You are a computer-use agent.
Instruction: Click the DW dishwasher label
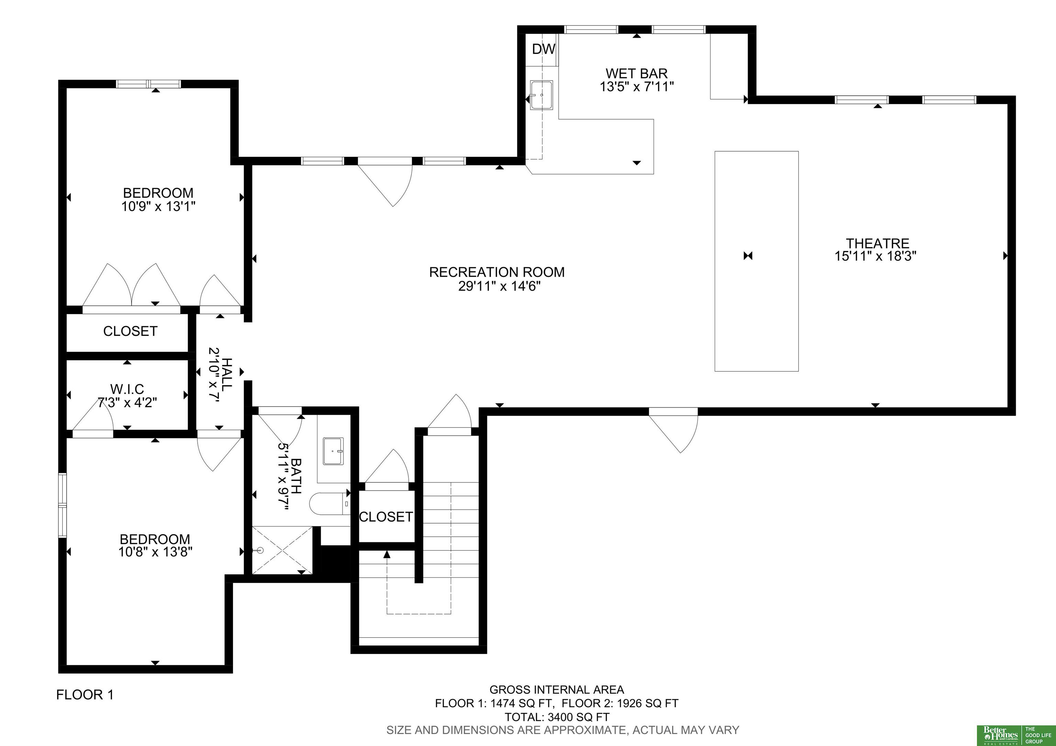pos(543,49)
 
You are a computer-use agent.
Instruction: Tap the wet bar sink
pos(541,95)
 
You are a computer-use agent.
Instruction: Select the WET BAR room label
pos(637,73)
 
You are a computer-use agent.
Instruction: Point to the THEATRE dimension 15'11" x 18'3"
pos(876,256)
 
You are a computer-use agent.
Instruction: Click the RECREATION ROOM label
pos(497,272)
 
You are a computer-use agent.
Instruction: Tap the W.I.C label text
pos(127,389)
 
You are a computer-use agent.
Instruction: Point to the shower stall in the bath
pos(282,550)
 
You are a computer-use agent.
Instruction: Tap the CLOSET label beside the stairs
pos(386,517)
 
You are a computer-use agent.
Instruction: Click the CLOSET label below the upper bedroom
pos(130,331)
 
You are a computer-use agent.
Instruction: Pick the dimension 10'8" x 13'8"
pos(155,552)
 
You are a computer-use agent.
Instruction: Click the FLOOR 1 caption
pos(85,694)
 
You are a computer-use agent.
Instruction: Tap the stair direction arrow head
pos(387,555)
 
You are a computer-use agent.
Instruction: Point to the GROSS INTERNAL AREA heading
pos(557,690)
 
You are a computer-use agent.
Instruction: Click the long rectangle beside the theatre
pos(757,261)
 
